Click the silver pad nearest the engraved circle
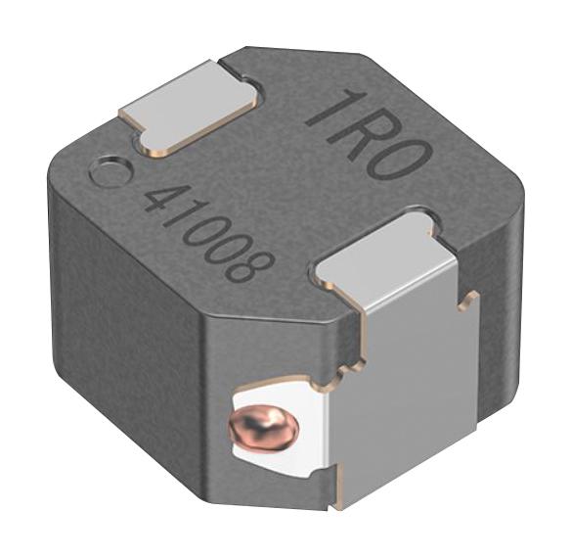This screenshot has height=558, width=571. pos(189,107)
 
